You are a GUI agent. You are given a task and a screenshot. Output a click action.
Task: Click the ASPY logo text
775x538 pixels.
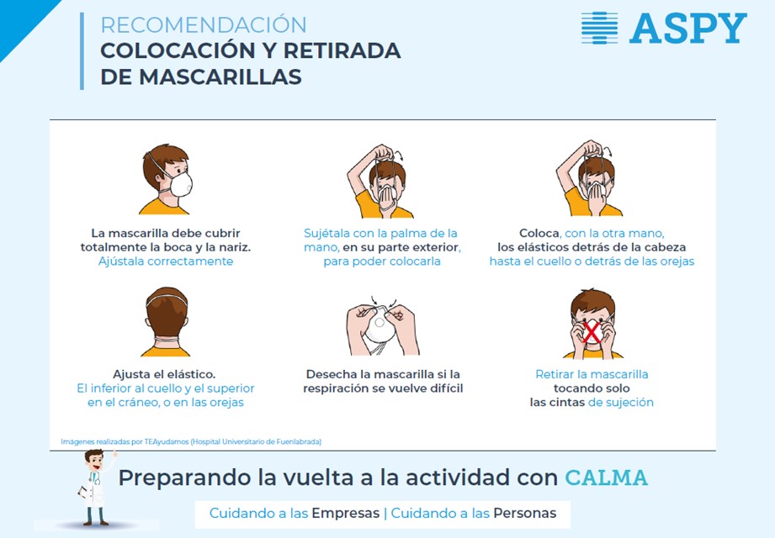688,28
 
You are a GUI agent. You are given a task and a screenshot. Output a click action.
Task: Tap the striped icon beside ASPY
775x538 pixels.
599,28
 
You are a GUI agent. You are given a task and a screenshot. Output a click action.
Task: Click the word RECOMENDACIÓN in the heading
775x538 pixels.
204,24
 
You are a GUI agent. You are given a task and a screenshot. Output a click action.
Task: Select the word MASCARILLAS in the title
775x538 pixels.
220,77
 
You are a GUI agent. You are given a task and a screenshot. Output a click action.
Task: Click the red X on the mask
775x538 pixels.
592,332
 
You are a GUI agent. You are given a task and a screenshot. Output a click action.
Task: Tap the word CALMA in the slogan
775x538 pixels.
607,477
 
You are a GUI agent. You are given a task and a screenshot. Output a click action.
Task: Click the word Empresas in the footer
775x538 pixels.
346,514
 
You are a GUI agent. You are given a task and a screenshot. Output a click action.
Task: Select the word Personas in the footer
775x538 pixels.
525,514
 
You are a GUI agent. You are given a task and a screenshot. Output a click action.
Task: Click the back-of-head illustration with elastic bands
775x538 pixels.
167,322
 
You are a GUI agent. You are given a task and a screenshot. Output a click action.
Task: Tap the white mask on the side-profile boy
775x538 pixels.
181,183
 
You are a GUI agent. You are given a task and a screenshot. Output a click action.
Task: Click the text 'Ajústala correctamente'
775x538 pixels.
166,261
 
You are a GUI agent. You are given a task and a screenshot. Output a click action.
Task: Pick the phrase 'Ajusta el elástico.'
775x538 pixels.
164,374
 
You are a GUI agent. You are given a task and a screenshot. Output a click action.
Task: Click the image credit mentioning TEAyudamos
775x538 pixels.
191,442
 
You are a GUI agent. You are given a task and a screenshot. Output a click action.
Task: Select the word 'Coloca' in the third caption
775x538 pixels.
539,233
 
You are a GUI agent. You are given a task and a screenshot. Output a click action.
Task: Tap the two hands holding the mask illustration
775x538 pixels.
382,326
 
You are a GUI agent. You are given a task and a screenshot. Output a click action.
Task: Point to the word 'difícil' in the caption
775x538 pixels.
446,388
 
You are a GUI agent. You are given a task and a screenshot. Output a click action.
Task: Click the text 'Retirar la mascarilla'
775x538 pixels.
592,374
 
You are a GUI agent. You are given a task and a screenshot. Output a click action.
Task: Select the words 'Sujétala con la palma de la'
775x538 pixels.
380,233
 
